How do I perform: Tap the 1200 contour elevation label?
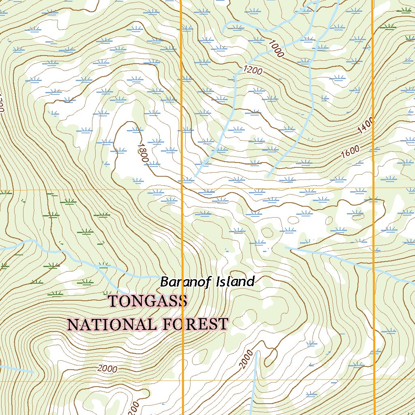click(x=254, y=71)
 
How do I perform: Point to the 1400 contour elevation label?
click(x=366, y=126)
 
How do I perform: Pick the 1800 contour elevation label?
click(x=142, y=152)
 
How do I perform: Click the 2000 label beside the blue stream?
click(x=248, y=359)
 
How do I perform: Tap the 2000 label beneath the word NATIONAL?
click(x=107, y=369)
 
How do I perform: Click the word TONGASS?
click(x=148, y=301)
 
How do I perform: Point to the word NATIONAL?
click(x=113, y=324)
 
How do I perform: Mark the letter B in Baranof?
click(x=165, y=282)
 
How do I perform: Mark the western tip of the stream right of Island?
click(x=286, y=247)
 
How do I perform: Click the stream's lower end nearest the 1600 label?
click(x=267, y=177)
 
